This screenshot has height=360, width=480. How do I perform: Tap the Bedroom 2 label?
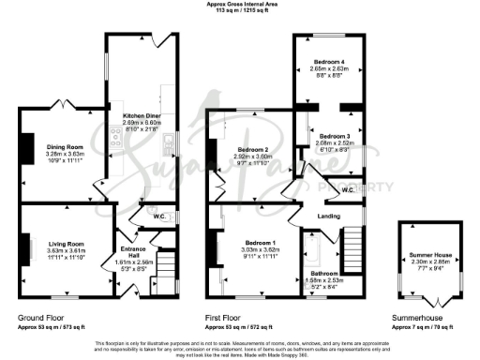[253, 150]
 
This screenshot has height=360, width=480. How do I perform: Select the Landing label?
[329, 216]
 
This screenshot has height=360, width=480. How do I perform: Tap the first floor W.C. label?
[347, 190]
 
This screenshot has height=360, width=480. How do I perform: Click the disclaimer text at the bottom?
[240, 347]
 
